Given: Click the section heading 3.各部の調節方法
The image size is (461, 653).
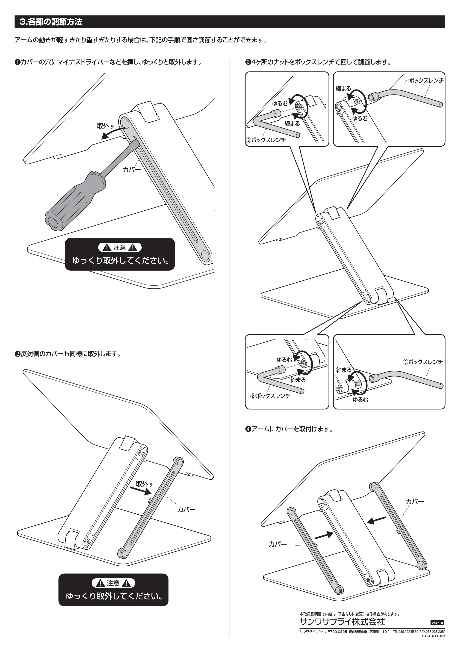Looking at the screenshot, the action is [51, 22].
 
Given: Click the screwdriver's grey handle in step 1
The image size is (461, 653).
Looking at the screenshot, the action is [75, 201].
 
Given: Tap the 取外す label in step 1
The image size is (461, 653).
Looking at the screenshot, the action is [106, 126].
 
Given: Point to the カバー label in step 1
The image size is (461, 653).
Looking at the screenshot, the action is [132, 170].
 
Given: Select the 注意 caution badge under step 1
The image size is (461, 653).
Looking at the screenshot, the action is [120, 248].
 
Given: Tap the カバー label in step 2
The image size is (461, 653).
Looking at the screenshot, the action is [186, 509].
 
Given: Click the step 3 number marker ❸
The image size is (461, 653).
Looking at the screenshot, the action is [248, 62].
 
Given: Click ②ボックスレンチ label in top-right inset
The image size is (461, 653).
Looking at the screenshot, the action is [424, 81].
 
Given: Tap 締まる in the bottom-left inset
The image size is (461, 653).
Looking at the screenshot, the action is [298, 380].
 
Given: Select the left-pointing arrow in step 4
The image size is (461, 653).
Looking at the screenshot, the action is [377, 520].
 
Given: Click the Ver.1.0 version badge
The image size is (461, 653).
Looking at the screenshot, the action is [437, 623].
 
